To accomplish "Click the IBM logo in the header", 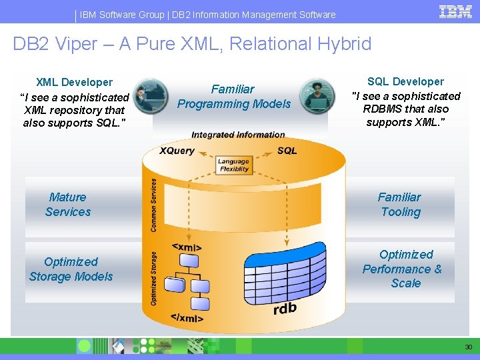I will pyautogui.click(x=455, y=12).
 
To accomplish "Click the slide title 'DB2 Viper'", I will pyautogui.click(x=192, y=44).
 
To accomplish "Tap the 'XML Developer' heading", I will pyautogui.click(x=74, y=83).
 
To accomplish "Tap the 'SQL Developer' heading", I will pyautogui.click(x=405, y=81).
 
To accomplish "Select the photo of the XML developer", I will pyautogui.click(x=151, y=97).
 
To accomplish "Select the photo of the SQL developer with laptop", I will pyautogui.click(x=317, y=96).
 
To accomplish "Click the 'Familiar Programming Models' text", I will pyautogui.click(x=233, y=97).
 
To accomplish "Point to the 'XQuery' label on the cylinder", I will pyautogui.click(x=177, y=151).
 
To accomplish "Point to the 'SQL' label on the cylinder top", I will pyautogui.click(x=287, y=151).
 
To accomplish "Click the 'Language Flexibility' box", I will pyautogui.click(x=233, y=165).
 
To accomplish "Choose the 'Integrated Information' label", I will pyautogui.click(x=238, y=135).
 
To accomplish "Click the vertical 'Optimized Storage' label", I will pyautogui.click(x=154, y=278).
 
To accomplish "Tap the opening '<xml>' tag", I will pyautogui.click(x=187, y=247).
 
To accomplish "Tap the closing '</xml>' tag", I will pyautogui.click(x=187, y=318).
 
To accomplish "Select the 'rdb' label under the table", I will pyautogui.click(x=285, y=309).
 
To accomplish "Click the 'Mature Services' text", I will pyautogui.click(x=68, y=205).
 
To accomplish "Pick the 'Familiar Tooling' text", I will pyautogui.click(x=400, y=205).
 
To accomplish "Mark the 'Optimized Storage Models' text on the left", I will pyautogui.click(x=71, y=269).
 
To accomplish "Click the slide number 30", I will pyautogui.click(x=469, y=347).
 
